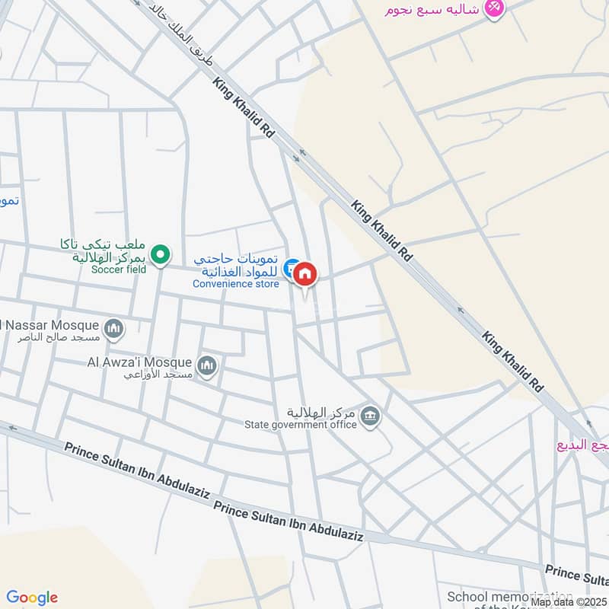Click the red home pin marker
(x=304, y=274)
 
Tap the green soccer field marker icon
(x=160, y=254)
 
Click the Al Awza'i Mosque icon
(x=206, y=367)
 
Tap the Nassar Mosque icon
(x=113, y=328)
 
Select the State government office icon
(x=370, y=416)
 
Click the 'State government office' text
(x=300, y=425)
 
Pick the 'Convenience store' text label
(x=235, y=284)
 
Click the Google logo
(x=32, y=598)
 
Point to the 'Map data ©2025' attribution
(x=569, y=602)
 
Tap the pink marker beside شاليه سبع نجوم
(x=494, y=8)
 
